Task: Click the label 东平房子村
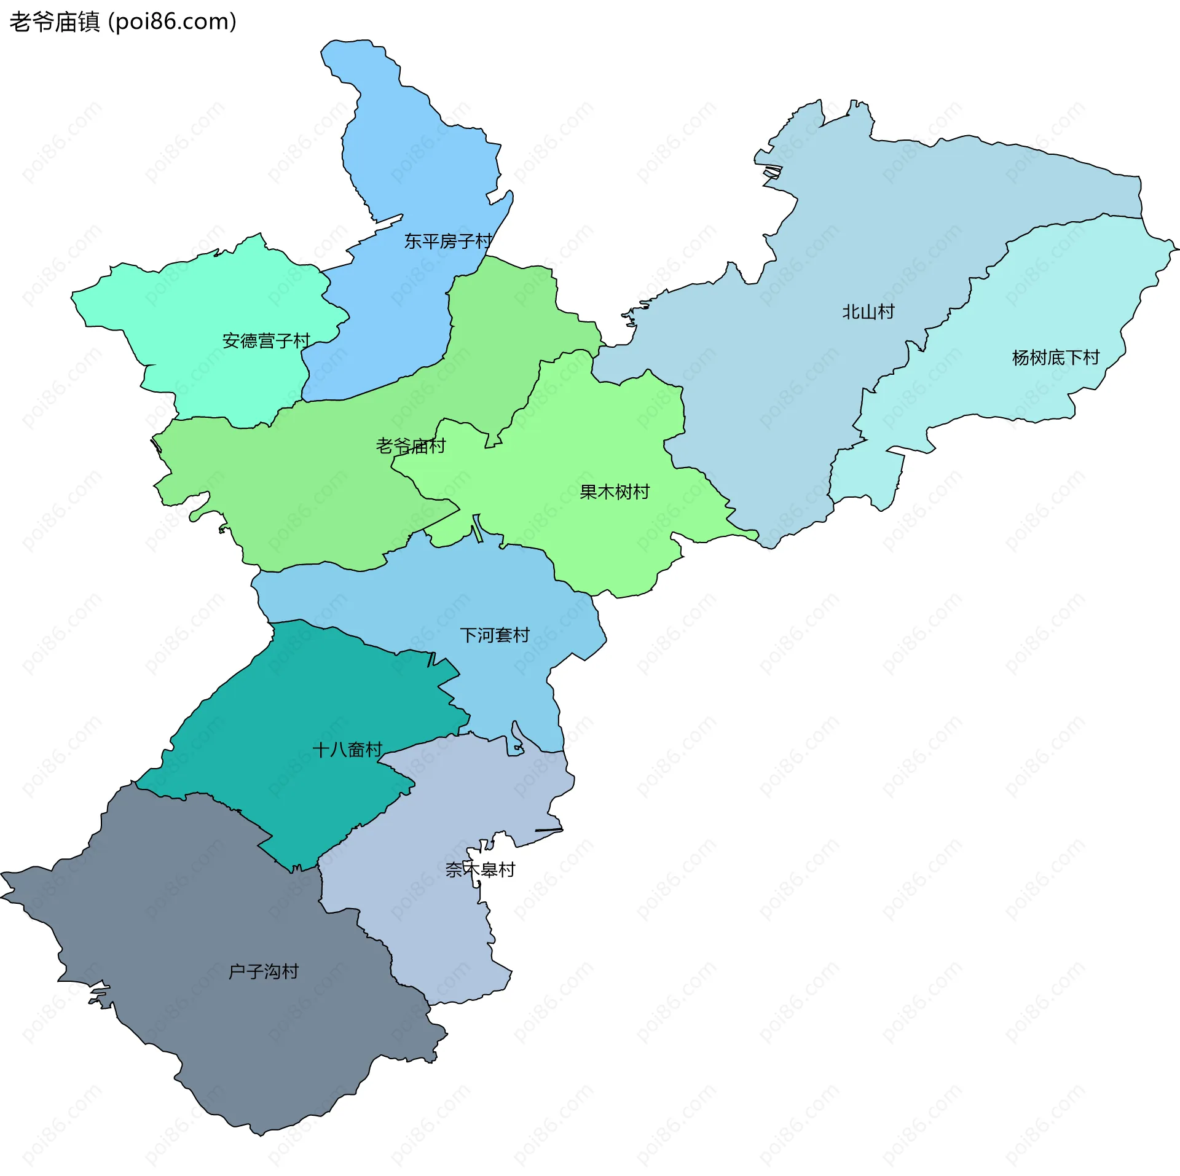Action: click(448, 241)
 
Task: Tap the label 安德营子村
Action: click(266, 340)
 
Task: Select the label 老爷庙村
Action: click(411, 445)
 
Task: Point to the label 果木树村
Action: click(614, 492)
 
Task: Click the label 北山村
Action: click(868, 312)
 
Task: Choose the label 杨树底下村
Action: click(1055, 358)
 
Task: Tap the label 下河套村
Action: click(495, 635)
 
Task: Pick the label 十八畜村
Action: click(347, 750)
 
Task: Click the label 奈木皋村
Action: click(480, 869)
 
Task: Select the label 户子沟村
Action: click(263, 971)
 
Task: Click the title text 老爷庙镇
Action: click(54, 22)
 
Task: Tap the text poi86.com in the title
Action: click(172, 22)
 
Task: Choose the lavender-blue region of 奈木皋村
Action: click(430, 922)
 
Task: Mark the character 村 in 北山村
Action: click(886, 312)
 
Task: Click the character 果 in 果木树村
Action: click(588, 492)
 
